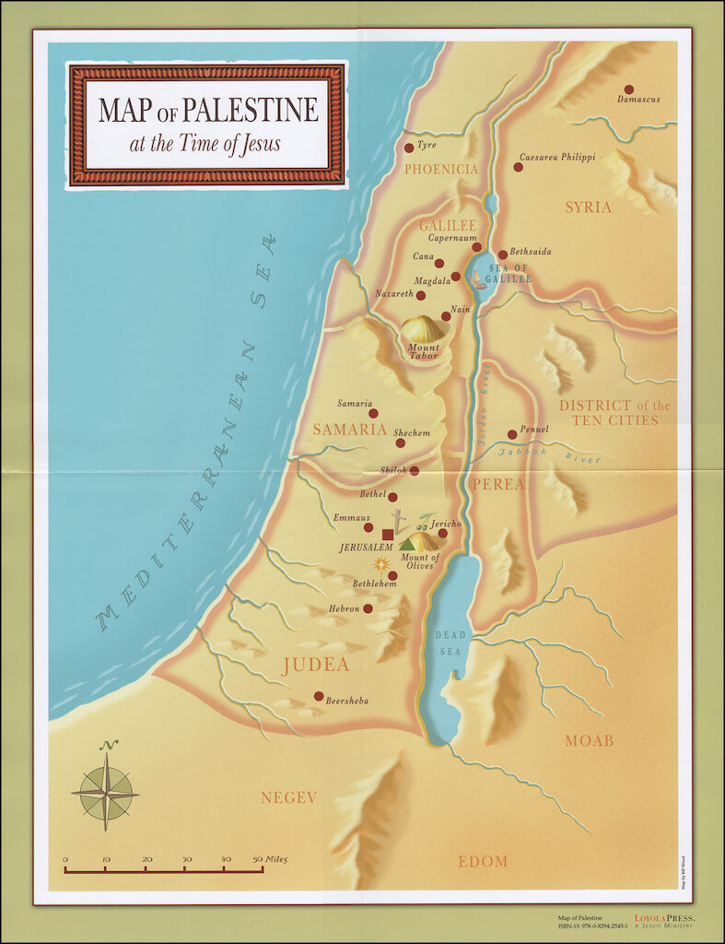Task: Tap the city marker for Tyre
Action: click(409, 147)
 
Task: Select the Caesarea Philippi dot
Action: click(517, 167)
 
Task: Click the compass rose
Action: click(105, 791)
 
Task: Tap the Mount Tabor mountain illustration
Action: click(422, 329)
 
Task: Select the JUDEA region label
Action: click(315, 666)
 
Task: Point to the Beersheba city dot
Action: click(319, 696)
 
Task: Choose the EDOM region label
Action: click(483, 862)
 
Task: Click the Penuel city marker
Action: click(512, 434)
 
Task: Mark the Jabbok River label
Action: click(552, 454)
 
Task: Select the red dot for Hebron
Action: click(368, 608)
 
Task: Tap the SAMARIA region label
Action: click(349, 430)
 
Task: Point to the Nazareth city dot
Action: click(421, 296)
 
